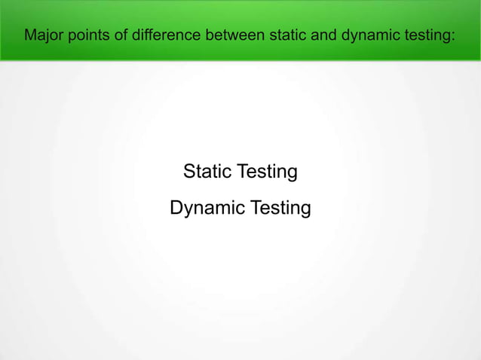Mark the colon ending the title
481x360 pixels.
453,35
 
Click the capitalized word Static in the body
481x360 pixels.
208,172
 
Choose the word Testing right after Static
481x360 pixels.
267,173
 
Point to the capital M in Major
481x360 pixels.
29,35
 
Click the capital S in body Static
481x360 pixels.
190,172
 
